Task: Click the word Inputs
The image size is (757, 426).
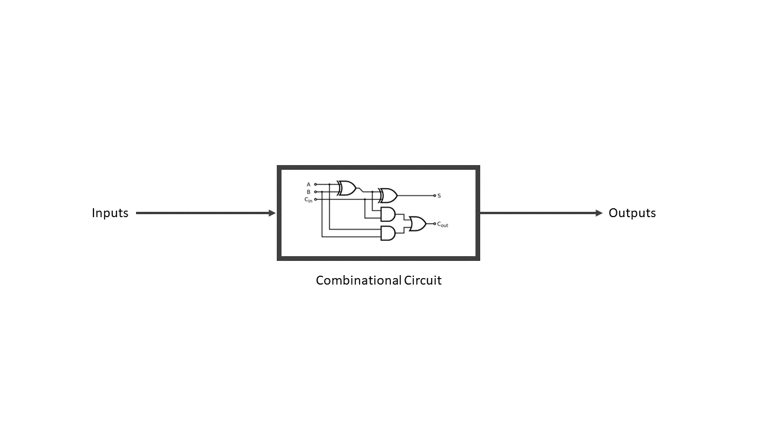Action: point(110,213)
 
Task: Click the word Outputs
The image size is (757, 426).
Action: point(632,213)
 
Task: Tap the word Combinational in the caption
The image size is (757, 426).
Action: point(358,280)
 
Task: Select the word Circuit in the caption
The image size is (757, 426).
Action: point(423,280)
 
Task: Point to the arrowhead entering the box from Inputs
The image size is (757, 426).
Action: point(272,213)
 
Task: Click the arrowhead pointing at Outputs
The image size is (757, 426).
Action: point(599,213)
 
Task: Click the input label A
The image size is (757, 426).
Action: point(308,185)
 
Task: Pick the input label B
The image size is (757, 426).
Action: point(308,192)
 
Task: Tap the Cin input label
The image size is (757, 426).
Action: point(308,199)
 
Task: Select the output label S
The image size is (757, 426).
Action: point(439,196)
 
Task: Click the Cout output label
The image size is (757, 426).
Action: point(443,224)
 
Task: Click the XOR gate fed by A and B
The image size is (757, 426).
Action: point(347,188)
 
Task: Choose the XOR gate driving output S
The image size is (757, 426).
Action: point(388,195)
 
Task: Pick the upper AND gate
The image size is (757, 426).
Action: point(388,214)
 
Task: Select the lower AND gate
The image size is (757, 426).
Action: point(388,233)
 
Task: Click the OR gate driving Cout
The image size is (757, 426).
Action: point(417,224)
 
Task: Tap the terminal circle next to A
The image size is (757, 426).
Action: point(315,185)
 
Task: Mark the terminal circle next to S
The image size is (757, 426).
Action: point(434,195)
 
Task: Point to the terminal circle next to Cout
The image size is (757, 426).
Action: point(434,224)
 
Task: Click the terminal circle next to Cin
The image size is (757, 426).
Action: point(315,199)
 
